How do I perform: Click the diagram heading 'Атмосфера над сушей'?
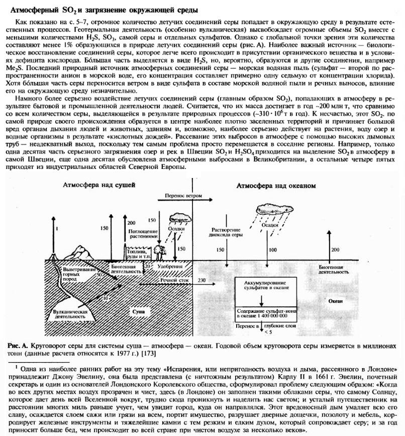[x=99, y=185]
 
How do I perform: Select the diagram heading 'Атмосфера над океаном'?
[x=276, y=186]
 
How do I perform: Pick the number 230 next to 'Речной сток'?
[x=202, y=280]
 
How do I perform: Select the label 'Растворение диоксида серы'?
[x=219, y=232]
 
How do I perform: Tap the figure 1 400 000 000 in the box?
[x=265, y=316]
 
